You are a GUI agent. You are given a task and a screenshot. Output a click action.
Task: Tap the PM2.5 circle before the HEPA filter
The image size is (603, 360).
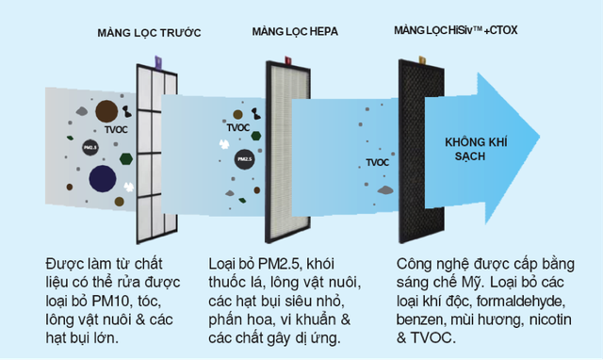click(244, 159)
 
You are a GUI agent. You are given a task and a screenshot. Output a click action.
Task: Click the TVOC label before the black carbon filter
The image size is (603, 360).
click(377, 162)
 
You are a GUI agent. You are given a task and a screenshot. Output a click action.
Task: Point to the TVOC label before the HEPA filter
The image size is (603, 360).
click(238, 127)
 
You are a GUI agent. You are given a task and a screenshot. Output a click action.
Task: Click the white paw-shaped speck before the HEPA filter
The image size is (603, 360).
click(224, 144)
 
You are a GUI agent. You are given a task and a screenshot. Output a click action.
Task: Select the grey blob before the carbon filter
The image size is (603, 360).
click(384, 190)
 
